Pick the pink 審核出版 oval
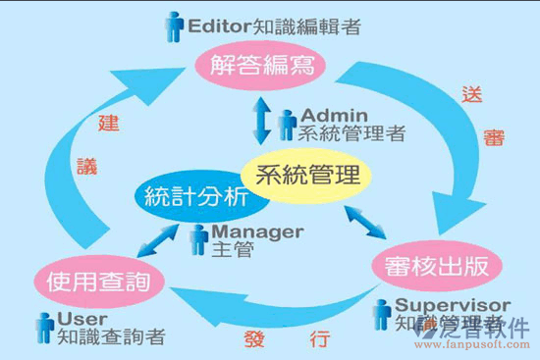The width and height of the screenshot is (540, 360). coord(439,265)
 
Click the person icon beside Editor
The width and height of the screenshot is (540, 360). coord(174,26)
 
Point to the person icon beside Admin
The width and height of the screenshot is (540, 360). coord(287,124)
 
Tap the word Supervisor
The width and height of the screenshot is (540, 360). coord(452,305)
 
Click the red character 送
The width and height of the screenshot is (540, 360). coord(472,97)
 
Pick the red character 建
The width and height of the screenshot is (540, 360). coord(109,125)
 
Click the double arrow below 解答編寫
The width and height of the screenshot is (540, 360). coord(259,121)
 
